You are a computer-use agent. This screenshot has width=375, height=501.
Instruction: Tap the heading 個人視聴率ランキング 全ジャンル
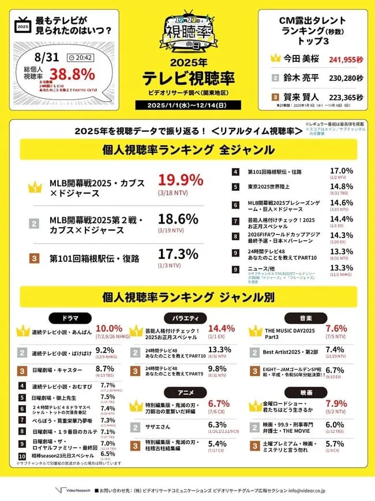point(187,150)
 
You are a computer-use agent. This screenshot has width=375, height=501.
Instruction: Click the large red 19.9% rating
point(180,179)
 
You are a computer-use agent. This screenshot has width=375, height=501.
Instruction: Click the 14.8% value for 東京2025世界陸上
point(340,186)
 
